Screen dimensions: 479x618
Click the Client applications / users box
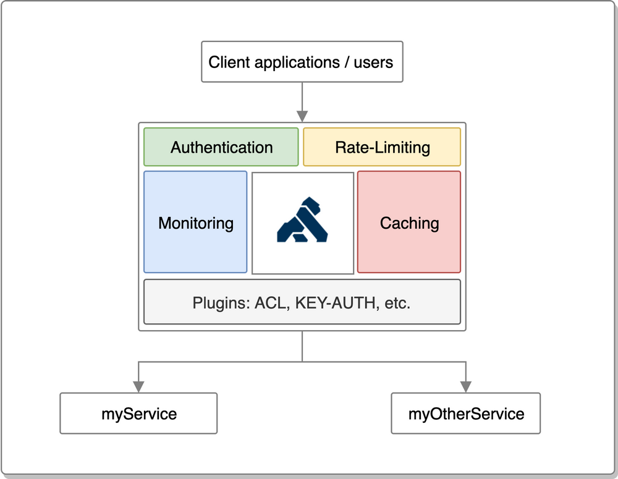tap(302, 62)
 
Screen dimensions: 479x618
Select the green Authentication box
tap(221, 147)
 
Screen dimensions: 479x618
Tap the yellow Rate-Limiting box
tap(382, 147)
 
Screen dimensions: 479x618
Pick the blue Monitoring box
tap(195, 223)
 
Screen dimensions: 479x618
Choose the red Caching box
tap(409, 223)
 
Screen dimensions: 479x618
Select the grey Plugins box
tap(302, 302)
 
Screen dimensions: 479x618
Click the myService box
tap(138, 413)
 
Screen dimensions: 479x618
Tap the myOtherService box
tap(466, 413)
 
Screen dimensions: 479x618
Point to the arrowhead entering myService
tap(138, 386)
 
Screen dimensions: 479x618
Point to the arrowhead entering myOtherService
tap(466, 386)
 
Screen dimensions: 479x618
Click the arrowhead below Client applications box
tap(302, 116)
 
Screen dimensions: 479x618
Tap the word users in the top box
tap(373, 62)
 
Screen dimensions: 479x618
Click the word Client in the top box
tap(229, 62)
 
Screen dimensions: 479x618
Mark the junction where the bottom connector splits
tap(302, 362)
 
